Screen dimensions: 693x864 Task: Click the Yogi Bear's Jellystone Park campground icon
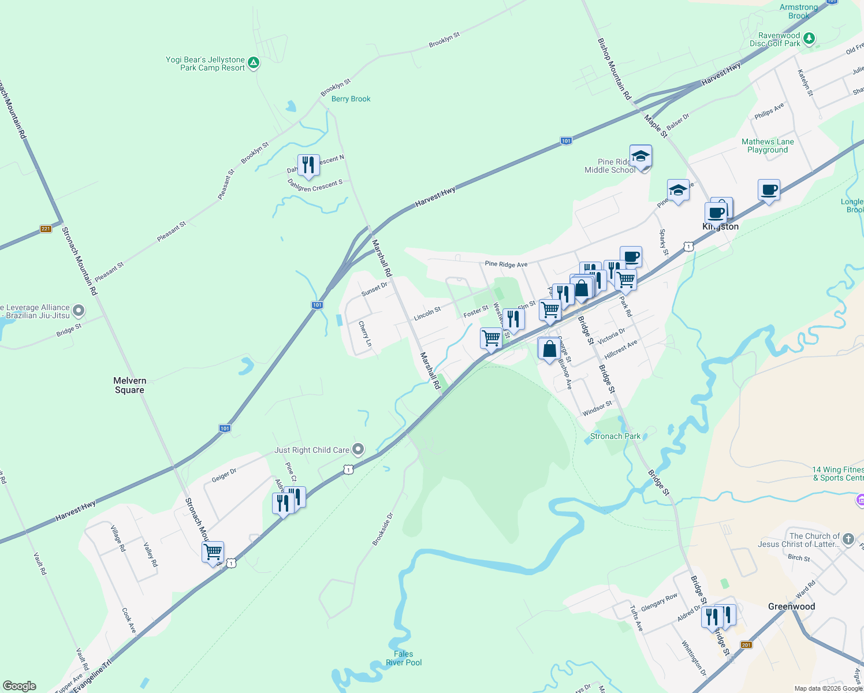click(253, 63)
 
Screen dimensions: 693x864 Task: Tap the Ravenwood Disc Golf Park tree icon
click(809, 39)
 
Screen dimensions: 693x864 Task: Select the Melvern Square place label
click(130, 385)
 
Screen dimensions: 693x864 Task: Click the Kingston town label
click(720, 227)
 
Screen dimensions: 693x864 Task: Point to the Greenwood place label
click(791, 606)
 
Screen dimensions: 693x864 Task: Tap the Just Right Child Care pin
click(358, 449)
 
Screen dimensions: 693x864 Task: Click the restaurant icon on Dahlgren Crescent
click(308, 165)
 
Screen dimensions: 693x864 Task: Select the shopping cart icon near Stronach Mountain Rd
click(213, 552)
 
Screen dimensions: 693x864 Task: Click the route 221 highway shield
click(46, 229)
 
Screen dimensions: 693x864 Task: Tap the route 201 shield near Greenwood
click(746, 644)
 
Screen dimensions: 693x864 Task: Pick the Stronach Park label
click(615, 437)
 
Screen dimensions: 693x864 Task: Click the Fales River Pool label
click(404, 658)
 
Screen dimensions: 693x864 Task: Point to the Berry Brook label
click(351, 99)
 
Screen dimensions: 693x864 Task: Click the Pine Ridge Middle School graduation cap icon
click(640, 156)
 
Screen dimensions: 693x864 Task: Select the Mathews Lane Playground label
click(768, 146)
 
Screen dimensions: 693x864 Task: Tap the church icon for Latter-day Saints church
click(848, 539)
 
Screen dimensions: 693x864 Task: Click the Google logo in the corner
click(20, 686)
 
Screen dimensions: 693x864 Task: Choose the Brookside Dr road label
click(382, 529)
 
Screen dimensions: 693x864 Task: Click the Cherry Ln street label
click(365, 334)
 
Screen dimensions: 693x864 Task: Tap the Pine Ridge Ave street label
click(506, 264)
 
